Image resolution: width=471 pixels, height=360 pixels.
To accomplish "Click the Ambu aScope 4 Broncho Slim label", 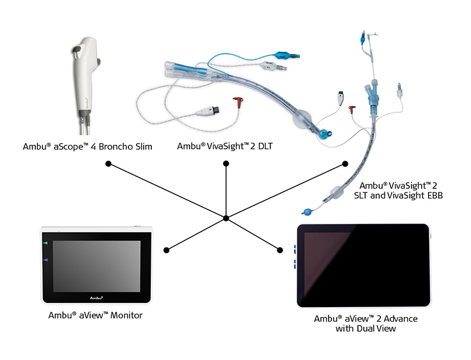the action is coord(87,146).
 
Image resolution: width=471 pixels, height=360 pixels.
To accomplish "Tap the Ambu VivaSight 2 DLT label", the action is coord(225,146).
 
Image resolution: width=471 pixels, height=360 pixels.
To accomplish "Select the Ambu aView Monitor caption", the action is coord(95,315).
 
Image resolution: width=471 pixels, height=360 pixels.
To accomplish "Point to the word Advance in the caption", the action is coord(400,318).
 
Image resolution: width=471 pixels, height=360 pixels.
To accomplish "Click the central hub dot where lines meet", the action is coord(226,218).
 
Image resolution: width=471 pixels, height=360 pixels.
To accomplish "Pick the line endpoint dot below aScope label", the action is coord(108,164).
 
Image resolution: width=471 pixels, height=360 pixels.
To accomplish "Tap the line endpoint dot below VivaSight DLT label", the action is coord(226,163).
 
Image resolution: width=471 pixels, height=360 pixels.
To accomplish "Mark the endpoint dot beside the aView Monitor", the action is coord(167,250).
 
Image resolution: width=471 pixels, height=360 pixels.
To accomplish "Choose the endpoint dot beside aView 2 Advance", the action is coord(280,250).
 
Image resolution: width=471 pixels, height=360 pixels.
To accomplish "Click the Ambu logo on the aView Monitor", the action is coord(97,298).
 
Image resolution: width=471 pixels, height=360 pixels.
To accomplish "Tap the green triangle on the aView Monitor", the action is coord(45,243).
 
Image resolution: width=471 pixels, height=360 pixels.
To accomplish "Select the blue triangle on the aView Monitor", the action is coord(45,260).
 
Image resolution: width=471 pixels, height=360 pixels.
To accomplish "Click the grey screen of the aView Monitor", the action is coord(97,266).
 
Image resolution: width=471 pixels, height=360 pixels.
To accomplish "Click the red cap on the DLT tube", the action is coord(238,102).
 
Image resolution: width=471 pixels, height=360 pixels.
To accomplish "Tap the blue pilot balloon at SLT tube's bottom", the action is coord(307,212).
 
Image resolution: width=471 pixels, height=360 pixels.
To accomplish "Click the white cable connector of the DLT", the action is coord(208,111).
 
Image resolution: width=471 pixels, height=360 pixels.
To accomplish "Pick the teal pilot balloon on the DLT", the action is coord(282,55).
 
